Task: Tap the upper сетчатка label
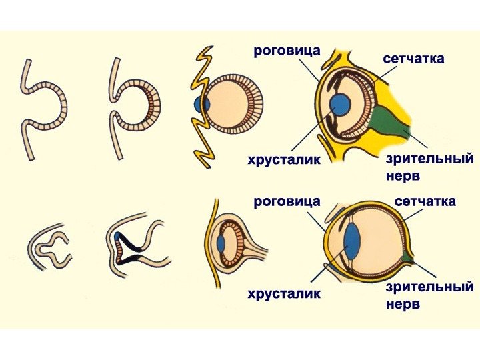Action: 413,59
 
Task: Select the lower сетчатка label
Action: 425,201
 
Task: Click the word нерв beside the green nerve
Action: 403,177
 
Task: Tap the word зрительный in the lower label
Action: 429,287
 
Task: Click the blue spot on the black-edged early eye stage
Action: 118,235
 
